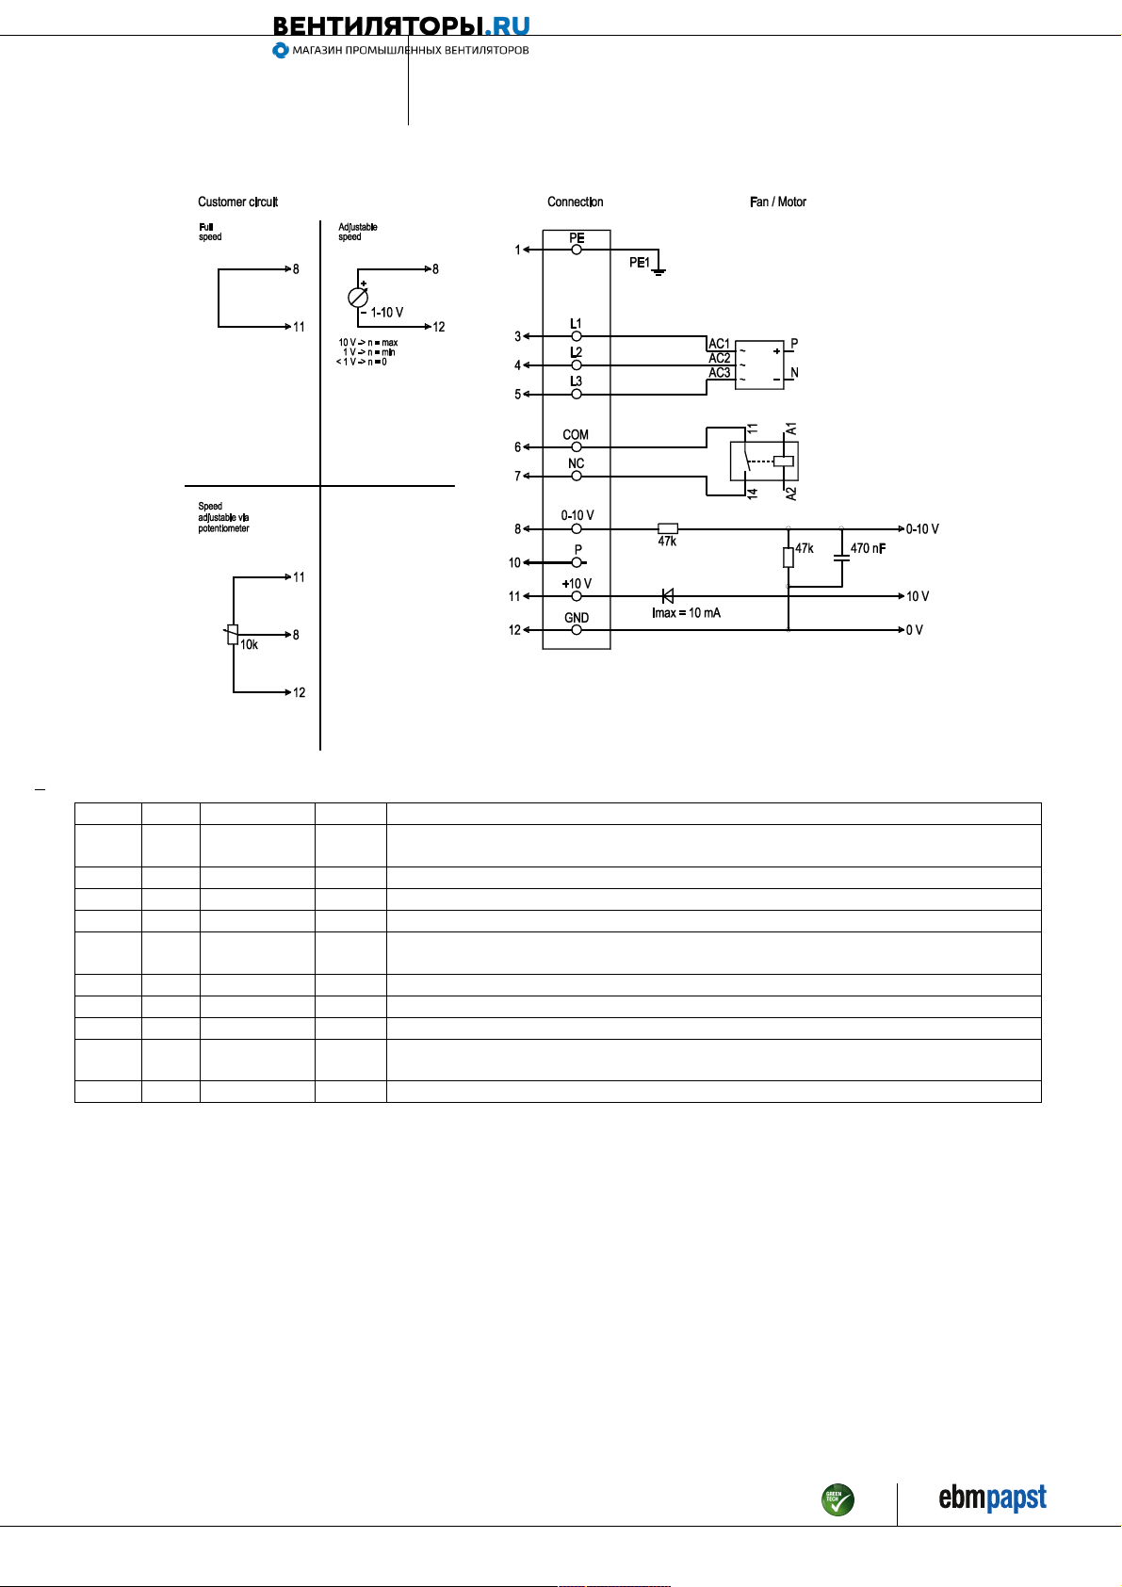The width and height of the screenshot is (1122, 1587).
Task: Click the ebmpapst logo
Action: click(x=992, y=1498)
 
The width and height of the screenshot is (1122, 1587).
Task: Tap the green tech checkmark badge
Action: click(x=837, y=1499)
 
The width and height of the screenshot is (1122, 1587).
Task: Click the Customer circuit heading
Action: click(x=237, y=202)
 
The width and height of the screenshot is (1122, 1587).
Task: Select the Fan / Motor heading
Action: click(x=777, y=202)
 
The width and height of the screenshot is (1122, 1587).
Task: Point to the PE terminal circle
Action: click(x=577, y=250)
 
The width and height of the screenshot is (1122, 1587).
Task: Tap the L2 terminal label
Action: click(x=576, y=352)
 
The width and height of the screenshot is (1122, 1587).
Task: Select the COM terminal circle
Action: click(x=577, y=447)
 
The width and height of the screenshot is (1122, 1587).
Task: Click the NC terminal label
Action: click(x=576, y=463)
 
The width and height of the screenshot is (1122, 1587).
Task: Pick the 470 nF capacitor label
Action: click(x=868, y=548)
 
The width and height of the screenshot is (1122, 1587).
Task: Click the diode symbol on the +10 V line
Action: click(x=667, y=596)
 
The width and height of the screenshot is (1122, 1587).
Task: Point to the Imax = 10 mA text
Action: click(x=686, y=613)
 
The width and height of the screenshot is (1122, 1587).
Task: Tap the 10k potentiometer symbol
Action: click(x=233, y=634)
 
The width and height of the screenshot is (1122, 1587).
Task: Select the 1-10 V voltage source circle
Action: click(x=358, y=298)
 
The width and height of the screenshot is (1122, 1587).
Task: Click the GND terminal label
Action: click(x=577, y=618)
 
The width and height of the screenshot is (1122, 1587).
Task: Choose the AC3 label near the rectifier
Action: click(x=720, y=373)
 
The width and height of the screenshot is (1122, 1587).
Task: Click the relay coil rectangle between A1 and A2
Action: click(x=783, y=462)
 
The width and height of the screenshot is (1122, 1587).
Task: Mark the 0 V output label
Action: click(x=915, y=630)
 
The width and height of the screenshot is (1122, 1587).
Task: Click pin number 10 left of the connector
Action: click(x=514, y=562)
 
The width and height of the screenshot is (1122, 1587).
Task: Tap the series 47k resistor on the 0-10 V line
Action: click(x=668, y=528)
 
